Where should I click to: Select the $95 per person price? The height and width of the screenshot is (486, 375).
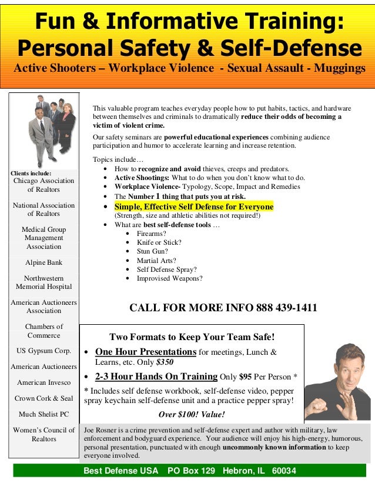tap(246, 377)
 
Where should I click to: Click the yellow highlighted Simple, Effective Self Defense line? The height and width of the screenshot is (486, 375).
tap(194, 207)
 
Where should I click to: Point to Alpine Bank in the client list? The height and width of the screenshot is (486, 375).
tap(43, 262)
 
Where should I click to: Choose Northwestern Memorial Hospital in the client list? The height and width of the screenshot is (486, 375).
tap(43, 282)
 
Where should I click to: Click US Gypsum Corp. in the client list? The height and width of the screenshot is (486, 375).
tap(43, 351)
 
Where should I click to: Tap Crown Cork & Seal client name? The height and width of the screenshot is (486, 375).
tap(43, 398)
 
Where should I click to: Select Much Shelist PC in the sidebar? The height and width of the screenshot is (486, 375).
tap(43, 414)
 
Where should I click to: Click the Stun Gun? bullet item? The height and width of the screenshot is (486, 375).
tap(152, 251)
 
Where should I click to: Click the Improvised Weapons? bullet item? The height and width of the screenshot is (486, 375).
tap(169, 278)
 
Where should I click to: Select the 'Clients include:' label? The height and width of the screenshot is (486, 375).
tap(31, 174)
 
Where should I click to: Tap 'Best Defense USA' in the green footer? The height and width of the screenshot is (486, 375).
tap(120, 471)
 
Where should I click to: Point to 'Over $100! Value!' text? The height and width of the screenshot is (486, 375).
tap(192, 414)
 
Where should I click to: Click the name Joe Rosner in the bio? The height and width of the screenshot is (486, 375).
tap(102, 430)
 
